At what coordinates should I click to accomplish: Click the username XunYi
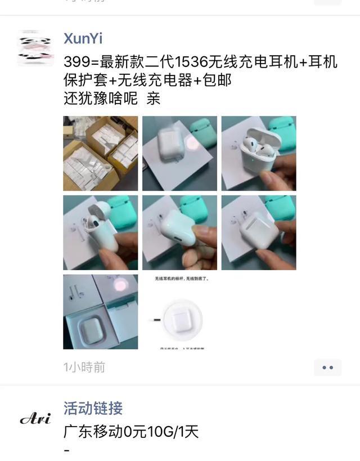(x=83, y=39)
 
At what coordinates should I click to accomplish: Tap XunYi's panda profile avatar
(x=36, y=47)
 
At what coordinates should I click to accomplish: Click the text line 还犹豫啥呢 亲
(x=112, y=99)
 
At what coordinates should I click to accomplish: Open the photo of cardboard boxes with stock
(x=100, y=153)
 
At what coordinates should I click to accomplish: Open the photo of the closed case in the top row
(x=179, y=153)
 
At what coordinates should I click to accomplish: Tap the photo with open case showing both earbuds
(x=259, y=153)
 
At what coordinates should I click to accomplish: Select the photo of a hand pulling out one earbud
(x=100, y=232)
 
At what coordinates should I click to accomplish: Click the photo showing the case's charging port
(x=179, y=232)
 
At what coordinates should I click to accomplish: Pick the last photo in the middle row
(x=259, y=232)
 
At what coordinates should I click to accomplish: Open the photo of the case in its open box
(x=100, y=312)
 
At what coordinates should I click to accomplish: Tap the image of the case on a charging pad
(x=179, y=312)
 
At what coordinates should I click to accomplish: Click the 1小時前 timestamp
(x=84, y=368)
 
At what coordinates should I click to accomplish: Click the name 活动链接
(x=93, y=408)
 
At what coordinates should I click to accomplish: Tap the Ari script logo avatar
(x=35, y=418)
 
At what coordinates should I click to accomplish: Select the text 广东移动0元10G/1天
(x=131, y=432)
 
